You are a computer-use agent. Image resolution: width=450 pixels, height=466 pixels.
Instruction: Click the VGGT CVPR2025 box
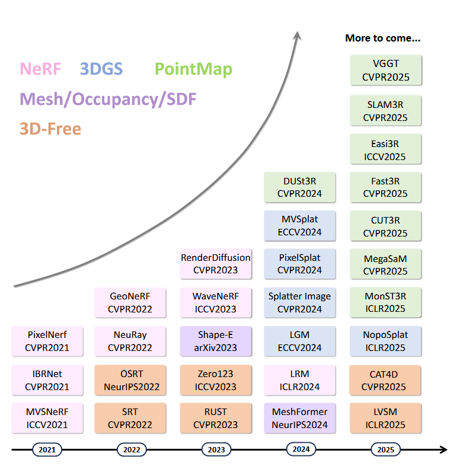pos(386,71)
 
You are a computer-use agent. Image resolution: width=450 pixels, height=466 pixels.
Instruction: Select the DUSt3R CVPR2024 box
pos(299,187)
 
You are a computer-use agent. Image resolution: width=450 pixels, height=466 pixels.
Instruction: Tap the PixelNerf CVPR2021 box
pos(47,341)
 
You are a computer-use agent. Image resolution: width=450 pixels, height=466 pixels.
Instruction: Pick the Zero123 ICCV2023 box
pos(216,380)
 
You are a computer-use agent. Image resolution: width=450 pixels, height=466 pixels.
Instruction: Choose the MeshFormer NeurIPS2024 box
pos(299,418)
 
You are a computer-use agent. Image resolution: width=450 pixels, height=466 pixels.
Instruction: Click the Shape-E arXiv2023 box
pos(216,341)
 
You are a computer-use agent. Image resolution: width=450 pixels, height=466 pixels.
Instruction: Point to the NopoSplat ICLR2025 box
pos(386,341)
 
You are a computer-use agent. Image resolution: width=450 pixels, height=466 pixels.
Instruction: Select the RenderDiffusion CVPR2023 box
pos(216,264)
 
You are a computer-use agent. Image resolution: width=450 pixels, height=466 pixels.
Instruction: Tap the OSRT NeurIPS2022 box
pos(131,380)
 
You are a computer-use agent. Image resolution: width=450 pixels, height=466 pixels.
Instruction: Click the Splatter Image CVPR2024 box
pos(299,302)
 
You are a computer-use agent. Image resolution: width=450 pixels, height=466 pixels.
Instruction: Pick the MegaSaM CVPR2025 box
pos(386,264)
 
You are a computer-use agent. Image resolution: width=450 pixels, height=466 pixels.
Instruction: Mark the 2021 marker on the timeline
pos(47,450)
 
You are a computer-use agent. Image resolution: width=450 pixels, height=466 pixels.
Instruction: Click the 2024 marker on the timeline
pos(301,449)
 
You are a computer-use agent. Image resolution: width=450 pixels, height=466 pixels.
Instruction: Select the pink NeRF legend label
pos(40,69)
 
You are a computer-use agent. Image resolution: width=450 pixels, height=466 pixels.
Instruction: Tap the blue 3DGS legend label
pos(101,69)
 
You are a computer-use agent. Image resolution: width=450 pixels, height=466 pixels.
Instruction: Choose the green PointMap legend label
pos(193,69)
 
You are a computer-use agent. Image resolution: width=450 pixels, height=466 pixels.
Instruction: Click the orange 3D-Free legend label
pos(50,129)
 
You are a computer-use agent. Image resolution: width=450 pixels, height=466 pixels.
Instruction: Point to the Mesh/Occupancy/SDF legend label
pos(108,99)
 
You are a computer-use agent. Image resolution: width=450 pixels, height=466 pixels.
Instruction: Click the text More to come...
pos(383,39)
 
